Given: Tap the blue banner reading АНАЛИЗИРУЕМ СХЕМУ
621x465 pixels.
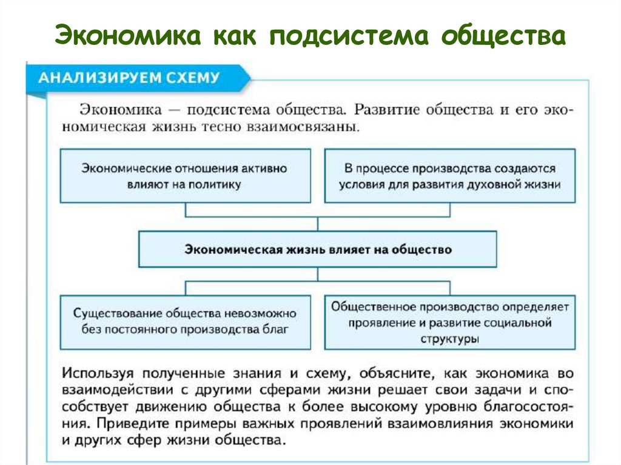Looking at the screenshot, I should [x=130, y=78].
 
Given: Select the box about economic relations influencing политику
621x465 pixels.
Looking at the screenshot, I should [x=185, y=176].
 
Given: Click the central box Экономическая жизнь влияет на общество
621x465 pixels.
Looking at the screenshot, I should [x=318, y=249].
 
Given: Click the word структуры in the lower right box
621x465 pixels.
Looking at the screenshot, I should [x=449, y=340].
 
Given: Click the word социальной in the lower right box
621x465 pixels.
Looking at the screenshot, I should [x=520, y=323].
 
